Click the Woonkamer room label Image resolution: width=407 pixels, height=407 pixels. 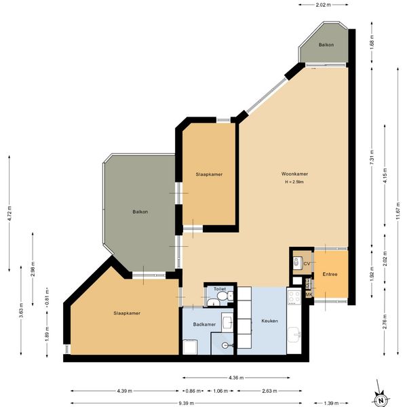click(x=294, y=174)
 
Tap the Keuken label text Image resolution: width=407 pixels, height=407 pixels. click(x=270, y=321)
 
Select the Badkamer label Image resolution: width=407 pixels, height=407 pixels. click(x=204, y=324)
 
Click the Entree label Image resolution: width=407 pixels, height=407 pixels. click(x=330, y=274)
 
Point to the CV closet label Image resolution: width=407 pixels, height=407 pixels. click(x=307, y=264)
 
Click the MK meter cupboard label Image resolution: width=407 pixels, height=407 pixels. click(x=309, y=294)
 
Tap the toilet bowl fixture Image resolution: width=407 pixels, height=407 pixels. click(x=223, y=296)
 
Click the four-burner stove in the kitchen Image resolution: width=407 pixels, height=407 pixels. click(x=294, y=298)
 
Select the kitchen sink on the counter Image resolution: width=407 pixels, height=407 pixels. click(x=294, y=334)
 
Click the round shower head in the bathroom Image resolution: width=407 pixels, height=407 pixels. click(x=225, y=345)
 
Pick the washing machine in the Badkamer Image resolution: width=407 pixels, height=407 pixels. click(x=190, y=347)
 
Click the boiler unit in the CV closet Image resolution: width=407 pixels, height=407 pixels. click(x=296, y=262)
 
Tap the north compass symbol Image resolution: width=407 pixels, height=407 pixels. click(x=381, y=400)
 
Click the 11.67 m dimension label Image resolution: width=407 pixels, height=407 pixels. click(x=398, y=210)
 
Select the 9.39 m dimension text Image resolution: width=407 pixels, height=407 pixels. click(x=186, y=403)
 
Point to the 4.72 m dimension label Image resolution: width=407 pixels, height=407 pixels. click(x=9, y=214)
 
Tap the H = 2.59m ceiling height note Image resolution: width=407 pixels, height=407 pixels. click(x=294, y=182)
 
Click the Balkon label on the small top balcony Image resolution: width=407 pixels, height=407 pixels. click(x=326, y=45)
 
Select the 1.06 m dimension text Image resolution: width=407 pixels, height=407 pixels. click(x=220, y=391)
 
